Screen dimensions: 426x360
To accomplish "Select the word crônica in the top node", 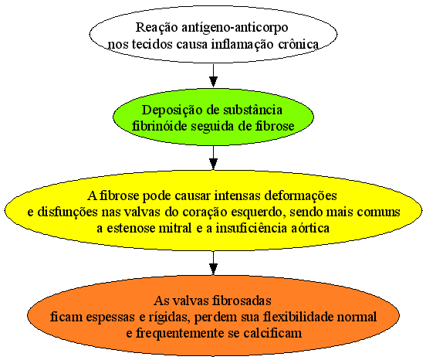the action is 299,44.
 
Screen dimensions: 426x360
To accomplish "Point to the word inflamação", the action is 242,45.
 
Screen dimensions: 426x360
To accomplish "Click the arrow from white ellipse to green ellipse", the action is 213,76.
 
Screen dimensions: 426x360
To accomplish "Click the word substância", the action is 252,110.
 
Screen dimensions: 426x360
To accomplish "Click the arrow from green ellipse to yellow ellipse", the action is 213,158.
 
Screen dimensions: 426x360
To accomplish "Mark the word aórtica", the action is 310,228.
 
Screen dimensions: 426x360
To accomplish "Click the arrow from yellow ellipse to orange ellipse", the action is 213,263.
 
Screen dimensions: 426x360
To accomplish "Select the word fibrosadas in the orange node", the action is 242,301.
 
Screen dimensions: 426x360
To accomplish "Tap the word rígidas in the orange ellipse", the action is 169,318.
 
